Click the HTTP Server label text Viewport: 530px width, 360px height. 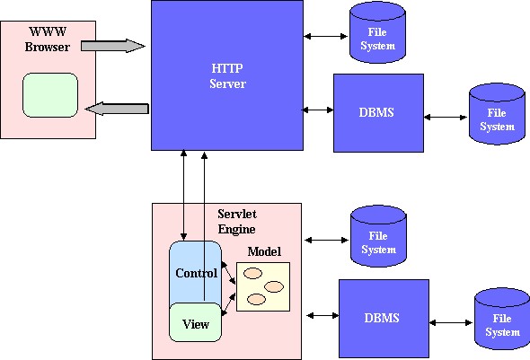[x=227, y=76]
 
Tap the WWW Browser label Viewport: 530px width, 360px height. [x=48, y=40]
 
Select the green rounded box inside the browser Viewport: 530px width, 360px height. [x=50, y=95]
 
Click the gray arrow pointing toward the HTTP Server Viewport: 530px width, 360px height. [x=113, y=46]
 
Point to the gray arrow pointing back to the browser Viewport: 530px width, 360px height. [x=117, y=109]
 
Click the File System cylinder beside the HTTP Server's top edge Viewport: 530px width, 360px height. [x=377, y=32]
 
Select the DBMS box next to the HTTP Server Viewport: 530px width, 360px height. [x=378, y=113]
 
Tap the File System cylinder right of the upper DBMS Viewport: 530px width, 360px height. [x=497, y=114]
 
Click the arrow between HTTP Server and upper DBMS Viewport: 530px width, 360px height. [x=317, y=110]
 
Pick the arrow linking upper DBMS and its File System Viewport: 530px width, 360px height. [x=446, y=118]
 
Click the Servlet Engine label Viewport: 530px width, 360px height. [x=236, y=222]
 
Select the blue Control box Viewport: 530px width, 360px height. [x=195, y=272]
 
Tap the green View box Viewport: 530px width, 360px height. [x=195, y=322]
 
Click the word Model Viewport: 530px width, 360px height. [x=264, y=251]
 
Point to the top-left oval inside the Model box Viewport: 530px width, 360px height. [x=252, y=273]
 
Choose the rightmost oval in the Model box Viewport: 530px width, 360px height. [x=274, y=286]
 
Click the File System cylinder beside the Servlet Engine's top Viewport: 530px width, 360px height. [x=378, y=236]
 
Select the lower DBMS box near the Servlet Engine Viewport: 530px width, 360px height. [x=384, y=319]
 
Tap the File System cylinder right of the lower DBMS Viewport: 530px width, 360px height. [x=502, y=319]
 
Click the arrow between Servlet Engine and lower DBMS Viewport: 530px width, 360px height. [x=322, y=315]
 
